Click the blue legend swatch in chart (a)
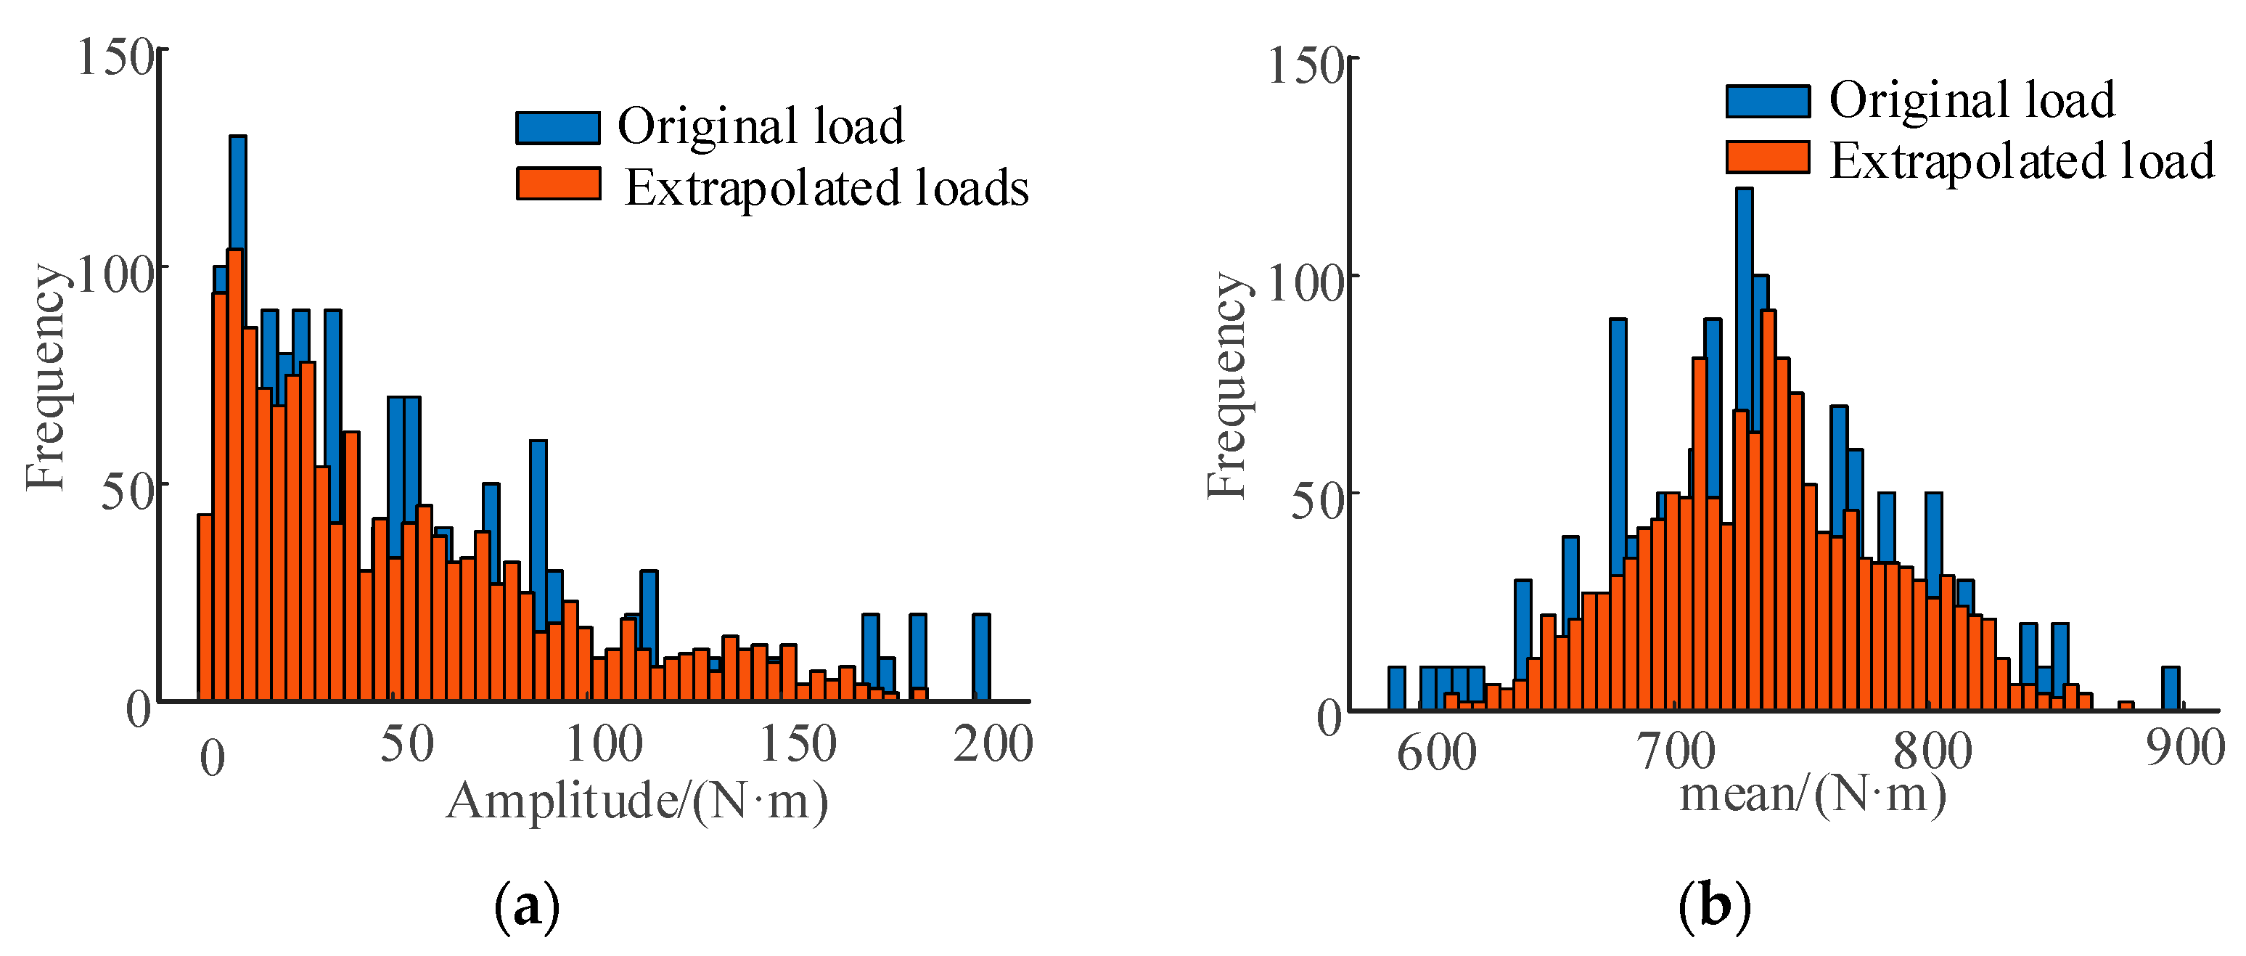558,127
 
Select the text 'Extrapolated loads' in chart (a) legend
827,187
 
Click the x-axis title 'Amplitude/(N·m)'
636,801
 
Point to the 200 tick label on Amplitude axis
992,744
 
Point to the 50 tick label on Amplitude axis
406,744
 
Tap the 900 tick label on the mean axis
2185,748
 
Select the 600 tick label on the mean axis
1437,752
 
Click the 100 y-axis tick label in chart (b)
1304,285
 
